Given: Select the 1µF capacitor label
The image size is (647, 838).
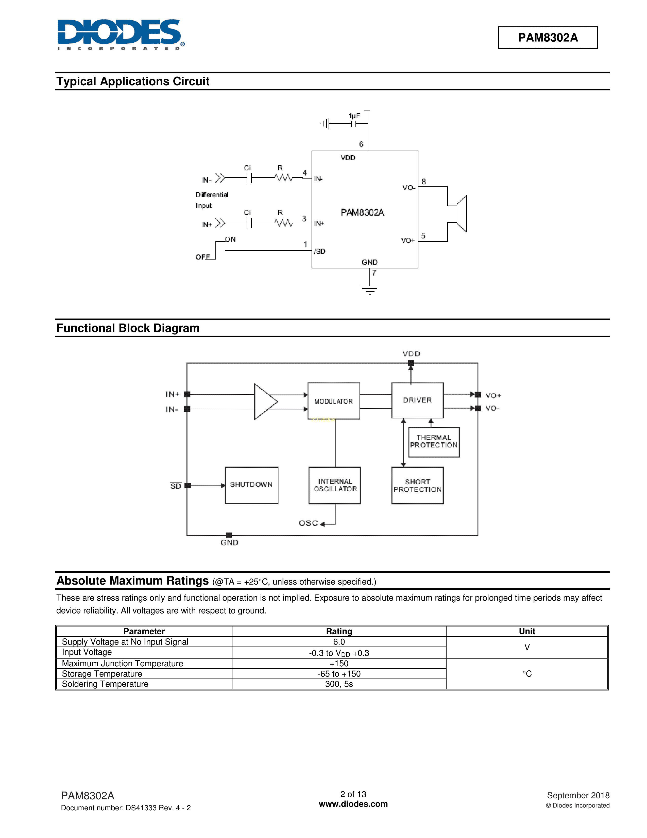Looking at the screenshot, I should point(354,116).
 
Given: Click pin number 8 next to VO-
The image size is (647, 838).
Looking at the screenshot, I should point(423,182).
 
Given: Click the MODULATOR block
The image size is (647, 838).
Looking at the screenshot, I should point(333,401).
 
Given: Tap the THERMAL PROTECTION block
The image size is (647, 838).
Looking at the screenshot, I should point(434,442).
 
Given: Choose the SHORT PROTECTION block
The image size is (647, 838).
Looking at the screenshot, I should point(417,485).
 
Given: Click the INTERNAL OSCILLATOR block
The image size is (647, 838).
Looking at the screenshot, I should point(335,485).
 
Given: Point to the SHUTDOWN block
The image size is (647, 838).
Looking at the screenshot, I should point(251,485).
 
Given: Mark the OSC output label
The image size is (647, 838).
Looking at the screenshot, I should point(309,523).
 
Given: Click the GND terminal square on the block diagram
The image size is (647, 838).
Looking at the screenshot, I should point(229,535).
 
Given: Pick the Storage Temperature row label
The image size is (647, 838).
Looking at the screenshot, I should point(102,674).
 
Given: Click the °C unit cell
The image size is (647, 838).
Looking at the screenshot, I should point(527,674).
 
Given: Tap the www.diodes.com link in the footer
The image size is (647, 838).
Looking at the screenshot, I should point(353,804).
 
